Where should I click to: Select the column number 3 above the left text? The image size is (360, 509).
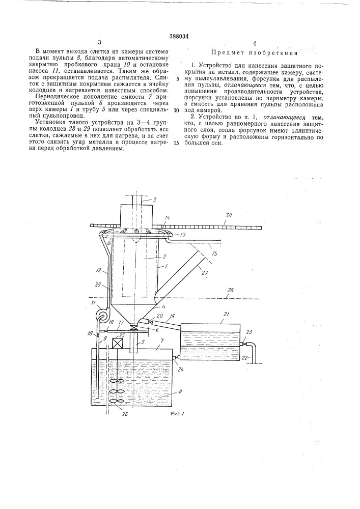100,43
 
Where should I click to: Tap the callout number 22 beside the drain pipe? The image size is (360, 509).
246,358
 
